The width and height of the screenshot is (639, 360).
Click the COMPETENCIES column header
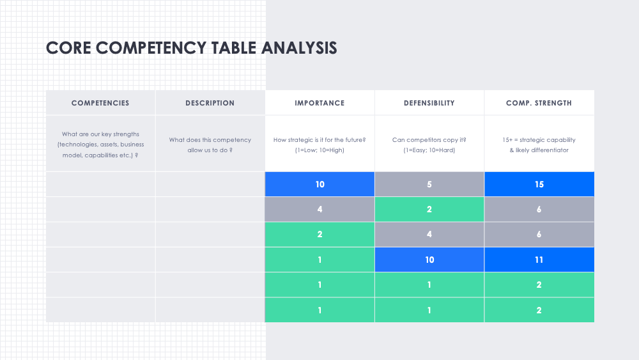coord(100,103)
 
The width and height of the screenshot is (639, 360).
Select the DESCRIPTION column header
coord(210,103)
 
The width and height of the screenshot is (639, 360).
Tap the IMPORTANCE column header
coord(319,103)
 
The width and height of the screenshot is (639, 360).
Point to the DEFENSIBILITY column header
coord(429,103)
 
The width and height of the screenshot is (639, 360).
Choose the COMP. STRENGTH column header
coord(539,103)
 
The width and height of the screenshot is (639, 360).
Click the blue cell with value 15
coord(539,184)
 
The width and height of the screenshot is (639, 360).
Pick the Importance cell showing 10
coord(319,184)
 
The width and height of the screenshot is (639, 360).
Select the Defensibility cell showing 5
coord(429,184)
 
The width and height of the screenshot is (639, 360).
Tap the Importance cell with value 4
coord(319,209)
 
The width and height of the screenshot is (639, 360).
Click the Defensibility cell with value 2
coord(429,209)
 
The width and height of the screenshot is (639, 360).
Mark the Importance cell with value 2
coord(319,235)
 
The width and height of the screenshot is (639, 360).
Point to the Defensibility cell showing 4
coord(429,235)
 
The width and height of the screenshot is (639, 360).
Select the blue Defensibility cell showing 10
coord(429,260)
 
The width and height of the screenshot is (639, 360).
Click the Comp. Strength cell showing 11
coord(539,260)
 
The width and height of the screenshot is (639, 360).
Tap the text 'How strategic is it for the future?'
coord(319,140)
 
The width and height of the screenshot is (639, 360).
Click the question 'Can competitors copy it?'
coord(429,140)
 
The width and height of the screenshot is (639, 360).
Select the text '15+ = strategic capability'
coord(539,140)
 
